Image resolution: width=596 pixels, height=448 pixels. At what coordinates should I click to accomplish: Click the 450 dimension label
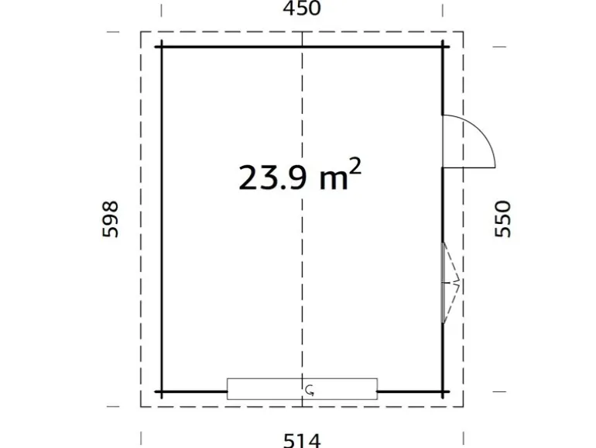point(302,8)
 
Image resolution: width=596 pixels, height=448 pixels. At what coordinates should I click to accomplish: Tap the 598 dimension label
point(111,219)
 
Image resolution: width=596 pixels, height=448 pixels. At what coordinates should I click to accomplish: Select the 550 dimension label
point(502,219)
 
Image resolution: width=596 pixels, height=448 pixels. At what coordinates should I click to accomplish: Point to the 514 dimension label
point(302,441)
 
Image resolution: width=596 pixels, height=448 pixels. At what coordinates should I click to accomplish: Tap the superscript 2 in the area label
point(355,166)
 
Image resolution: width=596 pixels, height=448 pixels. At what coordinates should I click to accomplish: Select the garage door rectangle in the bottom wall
point(302,388)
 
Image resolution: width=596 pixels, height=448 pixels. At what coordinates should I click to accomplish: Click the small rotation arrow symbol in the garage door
point(310,390)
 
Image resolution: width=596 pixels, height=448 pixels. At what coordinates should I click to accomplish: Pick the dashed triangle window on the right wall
point(450,282)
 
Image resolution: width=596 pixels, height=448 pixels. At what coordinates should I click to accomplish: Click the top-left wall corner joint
point(162,47)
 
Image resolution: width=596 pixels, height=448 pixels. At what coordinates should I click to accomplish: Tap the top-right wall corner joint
point(443,47)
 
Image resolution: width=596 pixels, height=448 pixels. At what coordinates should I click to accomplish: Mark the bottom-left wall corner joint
point(162,391)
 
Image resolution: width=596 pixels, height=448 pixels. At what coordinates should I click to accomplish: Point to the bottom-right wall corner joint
point(443,391)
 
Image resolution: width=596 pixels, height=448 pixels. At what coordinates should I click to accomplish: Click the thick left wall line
point(162,219)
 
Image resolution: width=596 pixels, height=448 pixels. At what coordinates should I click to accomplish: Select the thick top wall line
point(302,47)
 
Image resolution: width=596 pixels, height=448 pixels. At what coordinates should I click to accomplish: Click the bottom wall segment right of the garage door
point(413,391)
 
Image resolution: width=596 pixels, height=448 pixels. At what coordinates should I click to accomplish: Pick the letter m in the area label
point(334,180)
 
